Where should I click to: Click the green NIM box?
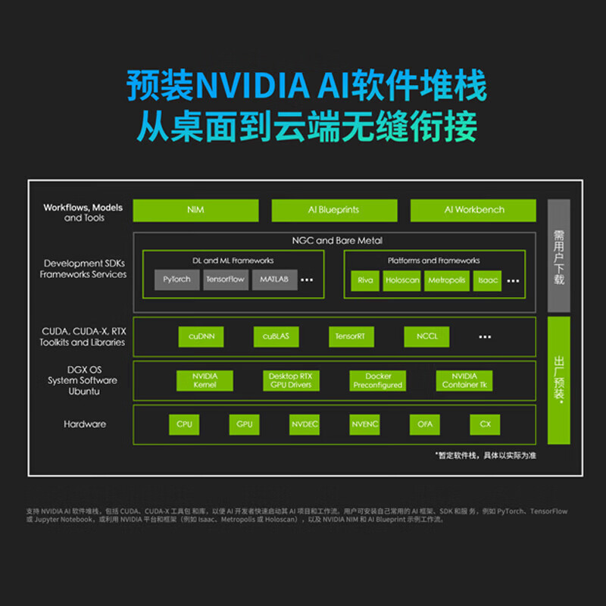[x=195, y=210]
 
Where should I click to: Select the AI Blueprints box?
[x=334, y=210]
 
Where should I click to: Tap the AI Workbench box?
[x=473, y=210]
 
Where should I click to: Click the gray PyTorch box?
[x=176, y=280]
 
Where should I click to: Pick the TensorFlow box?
[x=225, y=280]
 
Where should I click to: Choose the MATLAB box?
[x=273, y=280]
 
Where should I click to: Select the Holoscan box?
[x=401, y=280]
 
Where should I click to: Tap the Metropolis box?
[x=446, y=280]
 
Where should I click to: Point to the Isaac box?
[x=487, y=280]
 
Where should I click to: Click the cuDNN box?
[x=201, y=336]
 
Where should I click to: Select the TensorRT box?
[x=351, y=336]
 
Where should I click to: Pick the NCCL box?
[x=426, y=336]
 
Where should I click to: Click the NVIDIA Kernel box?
[x=205, y=380]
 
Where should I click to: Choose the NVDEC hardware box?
[x=305, y=424]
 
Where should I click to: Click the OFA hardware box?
[x=425, y=424]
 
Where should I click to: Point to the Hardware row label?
[x=85, y=424]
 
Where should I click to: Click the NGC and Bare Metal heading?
[x=337, y=241]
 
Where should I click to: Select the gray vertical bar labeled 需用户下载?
[x=558, y=256]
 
